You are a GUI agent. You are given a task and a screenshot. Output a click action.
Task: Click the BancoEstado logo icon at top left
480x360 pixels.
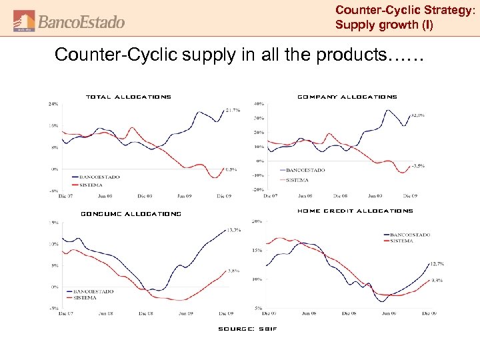[x=24, y=21]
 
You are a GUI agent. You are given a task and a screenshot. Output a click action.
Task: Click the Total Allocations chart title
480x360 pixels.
[x=129, y=97]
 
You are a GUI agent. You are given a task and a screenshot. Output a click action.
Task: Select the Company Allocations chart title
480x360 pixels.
[x=347, y=97]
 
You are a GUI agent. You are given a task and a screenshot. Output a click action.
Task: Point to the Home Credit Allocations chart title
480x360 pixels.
[x=355, y=211]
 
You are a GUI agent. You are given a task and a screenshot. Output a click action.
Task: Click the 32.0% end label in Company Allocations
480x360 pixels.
[x=419, y=115]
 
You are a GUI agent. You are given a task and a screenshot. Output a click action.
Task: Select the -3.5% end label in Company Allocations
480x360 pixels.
[x=419, y=165]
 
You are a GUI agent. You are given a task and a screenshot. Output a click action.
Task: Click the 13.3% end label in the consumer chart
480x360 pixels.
[x=234, y=230]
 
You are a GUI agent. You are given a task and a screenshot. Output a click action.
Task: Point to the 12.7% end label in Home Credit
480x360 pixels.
[x=437, y=264]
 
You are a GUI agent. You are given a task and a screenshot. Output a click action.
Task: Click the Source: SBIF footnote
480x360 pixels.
[x=247, y=329]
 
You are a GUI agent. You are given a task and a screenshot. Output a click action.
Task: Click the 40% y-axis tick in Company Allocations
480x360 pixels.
[x=258, y=104]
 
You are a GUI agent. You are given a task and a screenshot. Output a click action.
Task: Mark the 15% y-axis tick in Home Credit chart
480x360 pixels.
[x=257, y=250]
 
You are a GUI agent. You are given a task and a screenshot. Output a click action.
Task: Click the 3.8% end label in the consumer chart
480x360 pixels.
[x=234, y=271]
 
